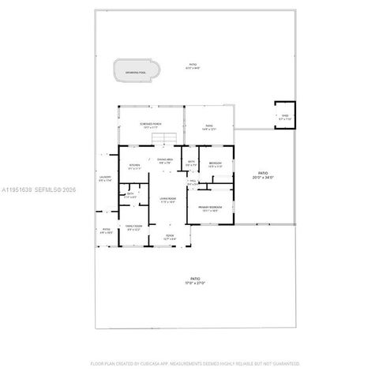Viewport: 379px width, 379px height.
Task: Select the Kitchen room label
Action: tap(133, 165)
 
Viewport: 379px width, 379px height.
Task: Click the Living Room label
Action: tap(167, 198)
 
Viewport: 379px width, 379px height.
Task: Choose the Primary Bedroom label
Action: tap(210, 207)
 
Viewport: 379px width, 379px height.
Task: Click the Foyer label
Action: tap(170, 235)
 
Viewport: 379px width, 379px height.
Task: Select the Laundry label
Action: tap(105, 177)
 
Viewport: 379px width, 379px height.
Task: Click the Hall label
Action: tap(193, 181)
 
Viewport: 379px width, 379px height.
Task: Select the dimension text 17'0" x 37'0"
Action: tap(193, 282)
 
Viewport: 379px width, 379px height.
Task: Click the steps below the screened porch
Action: tap(162, 140)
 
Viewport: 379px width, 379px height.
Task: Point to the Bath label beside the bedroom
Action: tap(191, 163)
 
